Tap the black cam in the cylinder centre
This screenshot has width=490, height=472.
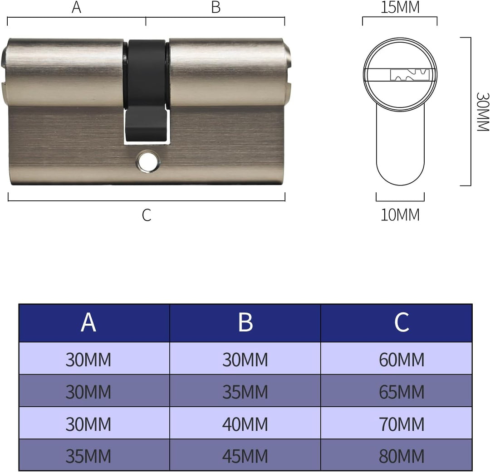tap(146, 91)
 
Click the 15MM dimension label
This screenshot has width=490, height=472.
tap(400, 7)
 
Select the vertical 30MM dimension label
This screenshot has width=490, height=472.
tap(482, 112)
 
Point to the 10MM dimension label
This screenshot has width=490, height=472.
tap(400, 215)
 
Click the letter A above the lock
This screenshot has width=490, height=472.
tap(76, 7)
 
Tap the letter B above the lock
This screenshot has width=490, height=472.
tap(216, 7)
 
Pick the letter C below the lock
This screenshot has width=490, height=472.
tap(147, 215)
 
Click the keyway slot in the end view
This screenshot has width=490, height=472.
tap(410, 75)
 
